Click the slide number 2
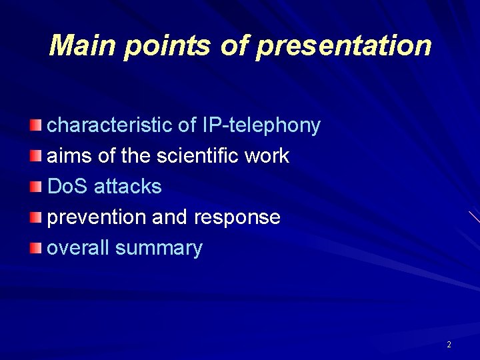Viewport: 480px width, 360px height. point(449,345)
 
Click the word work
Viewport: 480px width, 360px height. point(267,156)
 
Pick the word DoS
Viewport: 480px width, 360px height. point(68,187)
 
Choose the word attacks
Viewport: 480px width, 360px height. point(128,187)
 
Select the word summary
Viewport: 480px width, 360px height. point(159,248)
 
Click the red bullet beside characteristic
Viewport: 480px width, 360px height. point(36,125)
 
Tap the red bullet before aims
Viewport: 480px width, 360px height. point(36,155)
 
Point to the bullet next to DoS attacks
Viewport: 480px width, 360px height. point(36,186)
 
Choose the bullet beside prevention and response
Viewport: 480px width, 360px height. point(36,217)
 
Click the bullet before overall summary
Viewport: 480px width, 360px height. point(36,248)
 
